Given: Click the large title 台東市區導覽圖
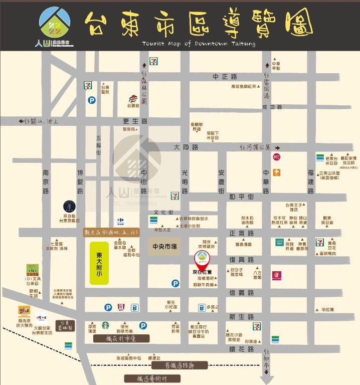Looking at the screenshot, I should coord(198,24).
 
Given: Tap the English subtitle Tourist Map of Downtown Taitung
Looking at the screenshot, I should coord(199,44).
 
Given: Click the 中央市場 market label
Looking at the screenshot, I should coord(164,247).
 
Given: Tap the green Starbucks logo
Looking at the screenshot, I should coord(105,325).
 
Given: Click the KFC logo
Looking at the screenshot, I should coord(120,307).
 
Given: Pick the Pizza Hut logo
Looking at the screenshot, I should coord(132,98).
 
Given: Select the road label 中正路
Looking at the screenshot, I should coord(224,77).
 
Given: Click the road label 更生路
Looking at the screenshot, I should coord(135,121).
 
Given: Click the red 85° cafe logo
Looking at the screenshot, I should coord(277,156).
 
